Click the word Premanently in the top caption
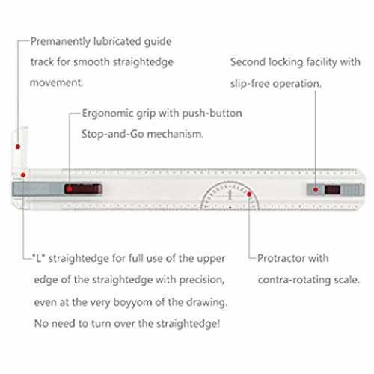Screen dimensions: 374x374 61,42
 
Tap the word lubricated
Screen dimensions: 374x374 117,41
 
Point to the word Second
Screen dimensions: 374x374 248,62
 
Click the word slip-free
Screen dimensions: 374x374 250,83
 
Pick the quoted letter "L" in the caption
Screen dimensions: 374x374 38,258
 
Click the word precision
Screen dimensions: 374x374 202,280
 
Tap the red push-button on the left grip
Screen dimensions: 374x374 83,188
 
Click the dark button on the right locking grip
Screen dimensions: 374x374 332,190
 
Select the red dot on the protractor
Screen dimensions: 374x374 249,194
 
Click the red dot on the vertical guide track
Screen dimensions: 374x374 18,147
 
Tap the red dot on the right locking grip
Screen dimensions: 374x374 316,190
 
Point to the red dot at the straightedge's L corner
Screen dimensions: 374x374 23,175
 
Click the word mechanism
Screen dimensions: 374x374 175,134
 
